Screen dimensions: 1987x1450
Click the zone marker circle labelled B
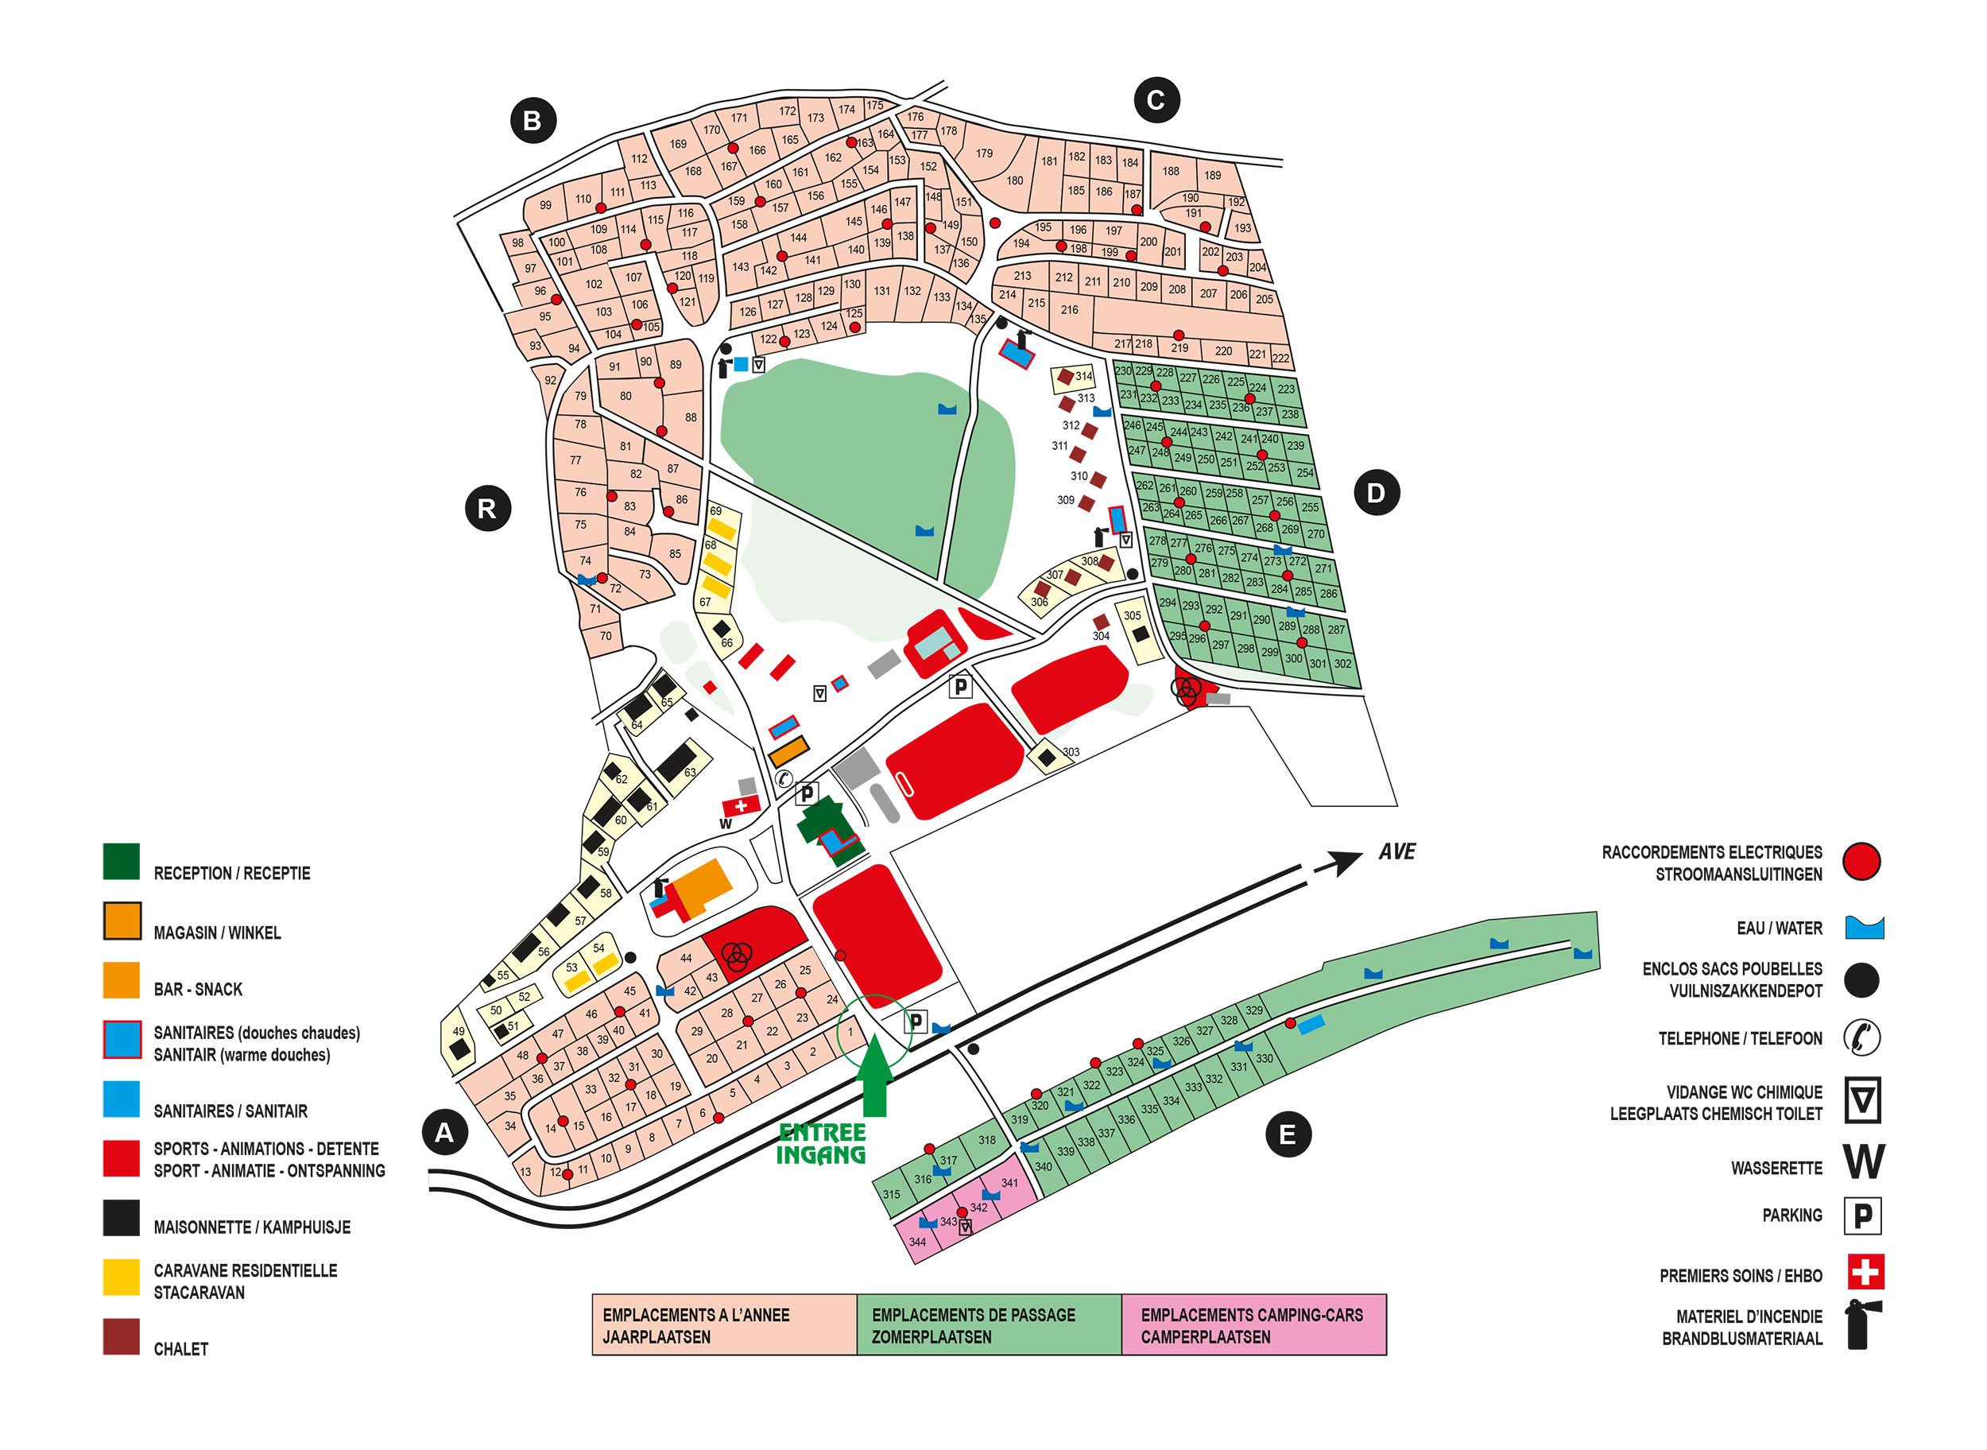(533, 120)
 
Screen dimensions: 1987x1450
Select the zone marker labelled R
(487, 508)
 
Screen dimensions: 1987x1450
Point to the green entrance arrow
(874, 1076)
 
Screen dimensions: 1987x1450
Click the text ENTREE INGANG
(822, 1144)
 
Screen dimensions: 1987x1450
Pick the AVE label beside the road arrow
(1397, 851)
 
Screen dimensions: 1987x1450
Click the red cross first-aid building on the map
(742, 804)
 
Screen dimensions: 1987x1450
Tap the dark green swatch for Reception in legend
(121, 861)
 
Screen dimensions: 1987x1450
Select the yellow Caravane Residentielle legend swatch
(121, 1277)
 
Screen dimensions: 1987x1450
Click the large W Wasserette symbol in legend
(1863, 1161)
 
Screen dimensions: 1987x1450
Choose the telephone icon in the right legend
(1861, 1037)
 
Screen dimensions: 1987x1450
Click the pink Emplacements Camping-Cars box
(1253, 1324)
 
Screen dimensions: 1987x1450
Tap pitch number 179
(985, 153)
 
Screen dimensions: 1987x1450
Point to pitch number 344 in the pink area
(917, 1242)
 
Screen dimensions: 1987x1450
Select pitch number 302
(1342, 664)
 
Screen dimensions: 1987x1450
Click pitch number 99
(546, 205)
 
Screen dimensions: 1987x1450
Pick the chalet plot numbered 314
(1072, 378)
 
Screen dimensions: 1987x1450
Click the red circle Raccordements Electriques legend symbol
(1861, 861)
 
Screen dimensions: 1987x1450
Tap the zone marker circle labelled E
(1288, 1134)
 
